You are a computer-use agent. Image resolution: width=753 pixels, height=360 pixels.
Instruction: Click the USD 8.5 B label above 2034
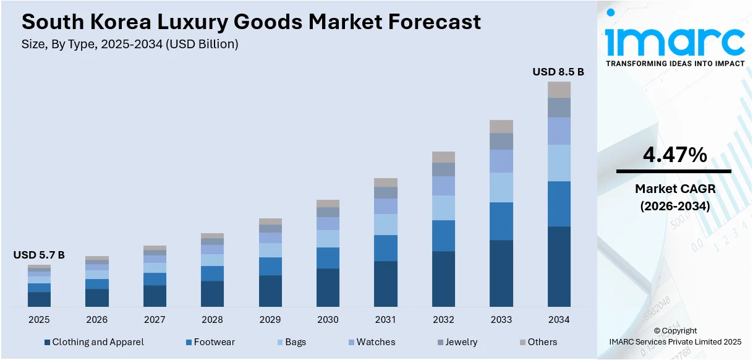[x=558, y=72]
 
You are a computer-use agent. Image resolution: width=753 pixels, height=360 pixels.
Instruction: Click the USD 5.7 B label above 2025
[x=39, y=255]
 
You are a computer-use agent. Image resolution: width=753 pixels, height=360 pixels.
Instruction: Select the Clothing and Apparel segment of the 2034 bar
[x=559, y=267]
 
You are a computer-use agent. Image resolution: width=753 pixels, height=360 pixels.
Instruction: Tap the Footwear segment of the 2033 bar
[x=501, y=221]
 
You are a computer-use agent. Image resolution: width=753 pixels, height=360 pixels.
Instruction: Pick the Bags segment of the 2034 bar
[x=559, y=163]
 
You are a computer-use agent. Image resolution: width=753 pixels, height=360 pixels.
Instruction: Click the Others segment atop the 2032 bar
[x=443, y=157]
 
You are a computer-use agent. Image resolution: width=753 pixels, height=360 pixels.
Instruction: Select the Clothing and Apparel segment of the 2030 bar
[x=328, y=288]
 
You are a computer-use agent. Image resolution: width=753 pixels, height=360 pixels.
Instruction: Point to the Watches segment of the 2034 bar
[x=559, y=131]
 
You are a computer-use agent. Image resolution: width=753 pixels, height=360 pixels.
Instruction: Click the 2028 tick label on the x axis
[x=212, y=320]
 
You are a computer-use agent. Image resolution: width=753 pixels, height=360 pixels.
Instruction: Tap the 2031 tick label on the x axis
[x=385, y=320]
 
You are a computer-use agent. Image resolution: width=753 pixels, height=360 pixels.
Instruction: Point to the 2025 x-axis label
[x=39, y=320]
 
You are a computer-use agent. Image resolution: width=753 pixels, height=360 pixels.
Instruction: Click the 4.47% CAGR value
[x=674, y=155]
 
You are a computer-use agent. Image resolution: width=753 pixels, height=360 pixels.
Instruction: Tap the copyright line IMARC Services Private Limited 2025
[x=675, y=341]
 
